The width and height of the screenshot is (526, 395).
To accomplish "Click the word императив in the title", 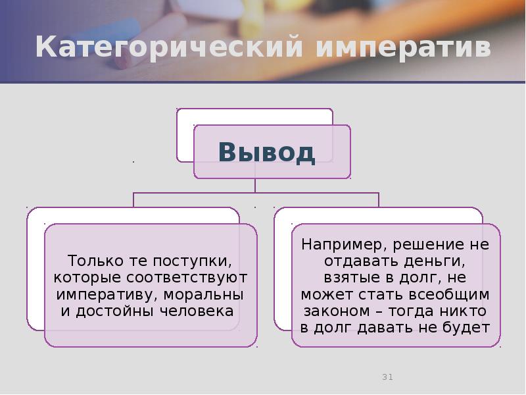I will [403, 48].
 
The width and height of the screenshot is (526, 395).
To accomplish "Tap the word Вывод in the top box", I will [267, 152].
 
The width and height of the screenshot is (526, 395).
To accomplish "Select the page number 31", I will [387, 377].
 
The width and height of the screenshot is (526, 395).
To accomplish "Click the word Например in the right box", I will [337, 244].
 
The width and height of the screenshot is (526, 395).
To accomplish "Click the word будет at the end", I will [467, 327].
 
